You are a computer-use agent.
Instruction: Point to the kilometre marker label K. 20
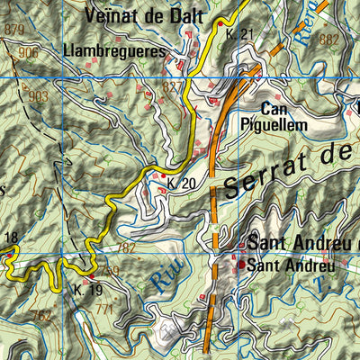point(181,184)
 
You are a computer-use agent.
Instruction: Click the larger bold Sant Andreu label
point(297,244)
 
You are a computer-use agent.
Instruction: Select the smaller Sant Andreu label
point(291,265)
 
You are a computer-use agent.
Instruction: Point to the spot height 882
point(328,40)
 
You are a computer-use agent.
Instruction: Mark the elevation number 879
point(14,31)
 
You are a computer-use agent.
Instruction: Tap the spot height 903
point(37,95)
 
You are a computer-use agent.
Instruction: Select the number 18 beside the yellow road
point(10,238)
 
